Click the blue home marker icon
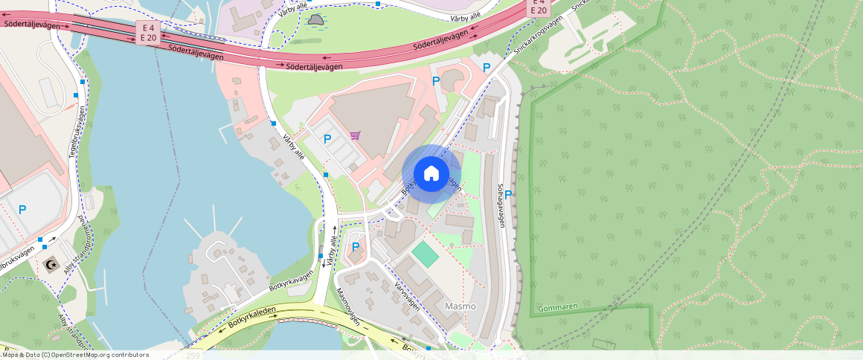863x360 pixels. coord(431,174)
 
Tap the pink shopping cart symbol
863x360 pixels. coord(356,135)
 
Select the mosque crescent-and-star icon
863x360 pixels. coord(51,265)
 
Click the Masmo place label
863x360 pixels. coord(460,306)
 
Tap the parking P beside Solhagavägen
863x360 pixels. coord(508,195)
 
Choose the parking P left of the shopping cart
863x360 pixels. coord(327,138)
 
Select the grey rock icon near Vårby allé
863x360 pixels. coord(315,20)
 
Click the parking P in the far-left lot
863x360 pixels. coord(22,210)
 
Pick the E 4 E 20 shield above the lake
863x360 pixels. coord(149,32)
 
